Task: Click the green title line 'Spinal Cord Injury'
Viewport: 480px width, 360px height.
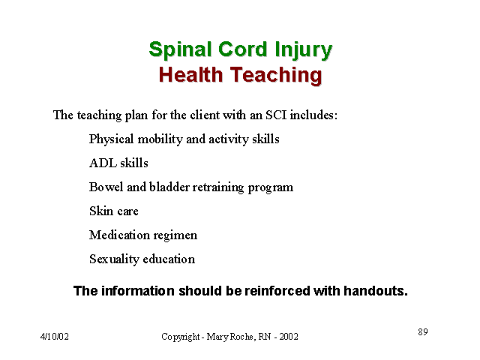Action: tap(241, 50)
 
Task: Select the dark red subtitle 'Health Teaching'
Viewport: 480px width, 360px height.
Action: tap(241, 75)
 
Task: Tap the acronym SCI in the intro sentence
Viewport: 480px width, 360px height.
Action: tap(276, 115)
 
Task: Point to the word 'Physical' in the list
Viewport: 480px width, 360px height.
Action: tap(111, 139)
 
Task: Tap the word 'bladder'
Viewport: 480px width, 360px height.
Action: tap(169, 187)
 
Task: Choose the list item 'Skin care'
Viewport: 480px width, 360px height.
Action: tap(114, 211)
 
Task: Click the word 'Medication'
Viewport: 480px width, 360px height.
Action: tap(119, 235)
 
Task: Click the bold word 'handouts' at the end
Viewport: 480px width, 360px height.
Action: tap(376, 291)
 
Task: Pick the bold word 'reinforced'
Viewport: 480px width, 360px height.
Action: tap(277, 291)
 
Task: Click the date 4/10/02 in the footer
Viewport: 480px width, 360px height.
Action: tap(55, 337)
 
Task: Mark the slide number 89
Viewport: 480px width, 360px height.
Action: tap(423, 331)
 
